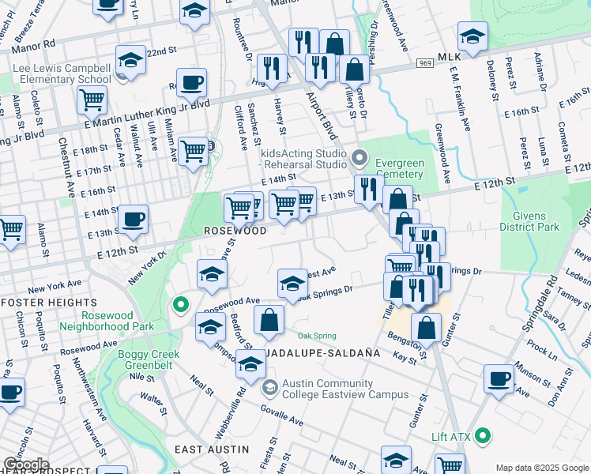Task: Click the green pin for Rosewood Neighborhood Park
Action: click(x=180, y=304)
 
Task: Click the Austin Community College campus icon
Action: click(x=270, y=387)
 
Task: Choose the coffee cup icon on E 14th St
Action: click(x=132, y=217)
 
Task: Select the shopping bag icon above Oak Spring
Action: click(x=269, y=320)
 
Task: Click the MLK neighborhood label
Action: click(x=448, y=58)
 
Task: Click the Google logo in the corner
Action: click(x=25, y=465)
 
